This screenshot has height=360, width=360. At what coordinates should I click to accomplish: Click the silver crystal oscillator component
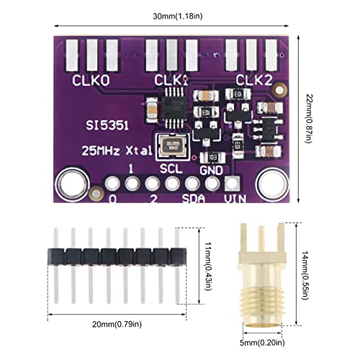(171, 147)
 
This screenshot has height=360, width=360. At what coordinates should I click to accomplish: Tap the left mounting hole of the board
(73, 180)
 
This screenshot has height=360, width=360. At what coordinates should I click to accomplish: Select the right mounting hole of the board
(274, 180)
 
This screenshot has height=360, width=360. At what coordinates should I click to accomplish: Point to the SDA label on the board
(193, 198)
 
